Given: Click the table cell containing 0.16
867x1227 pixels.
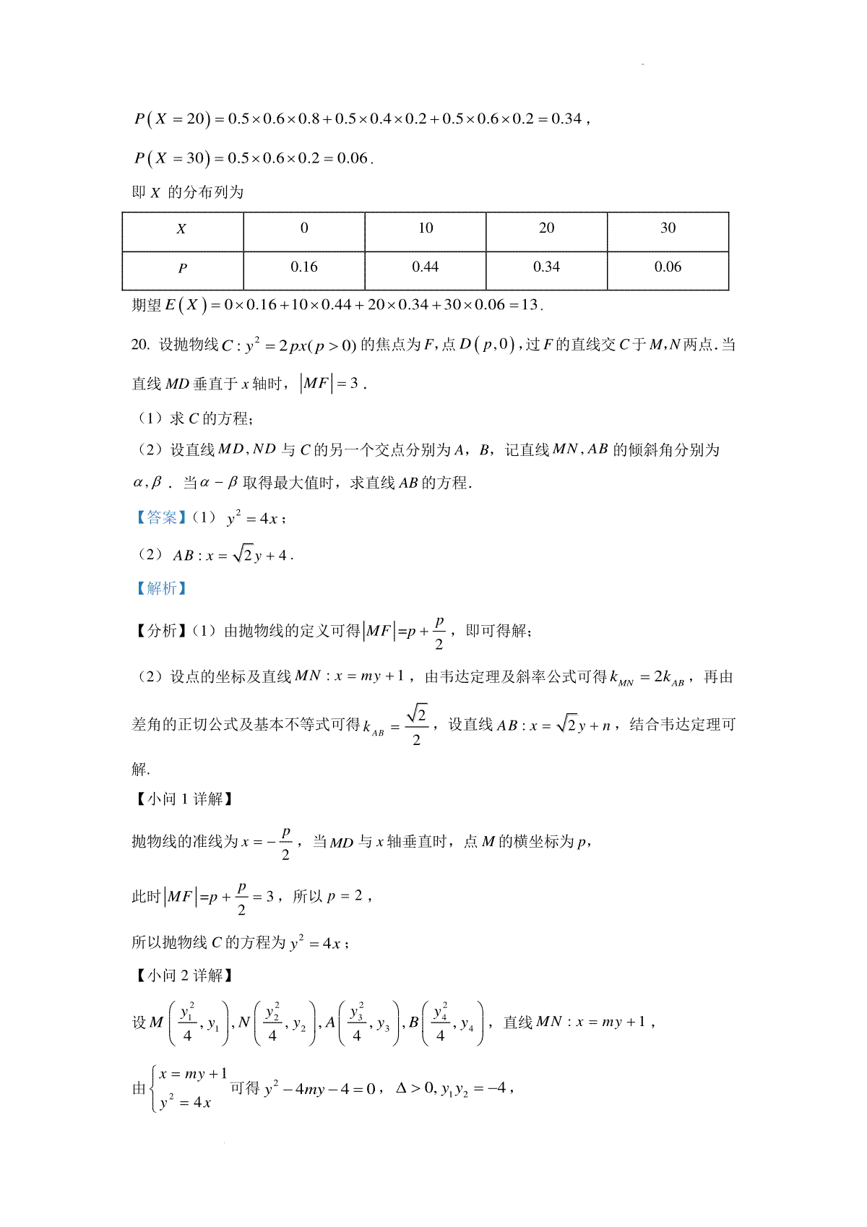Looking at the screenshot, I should (304, 267).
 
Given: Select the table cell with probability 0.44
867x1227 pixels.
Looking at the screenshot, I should (425, 267).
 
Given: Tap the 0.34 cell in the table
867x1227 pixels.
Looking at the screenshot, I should (546, 267).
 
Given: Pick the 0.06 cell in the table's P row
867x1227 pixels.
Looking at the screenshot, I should (668, 267).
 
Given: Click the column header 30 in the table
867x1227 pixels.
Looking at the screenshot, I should (668, 228).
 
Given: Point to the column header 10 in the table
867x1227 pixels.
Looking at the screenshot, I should (426, 228).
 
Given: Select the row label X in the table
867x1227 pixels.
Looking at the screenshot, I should (181, 229).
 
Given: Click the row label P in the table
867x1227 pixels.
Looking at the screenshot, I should (182, 268).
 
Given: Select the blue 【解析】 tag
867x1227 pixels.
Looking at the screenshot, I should (160, 588).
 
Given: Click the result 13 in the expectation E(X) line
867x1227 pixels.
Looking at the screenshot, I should (530, 305).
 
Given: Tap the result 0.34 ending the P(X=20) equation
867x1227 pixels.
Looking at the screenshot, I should (566, 119).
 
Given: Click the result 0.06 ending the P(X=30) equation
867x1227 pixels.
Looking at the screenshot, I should (353, 158).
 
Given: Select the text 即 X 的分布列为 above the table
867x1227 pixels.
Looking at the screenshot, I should (188, 192).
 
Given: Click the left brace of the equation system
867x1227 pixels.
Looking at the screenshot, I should (154, 1088).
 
